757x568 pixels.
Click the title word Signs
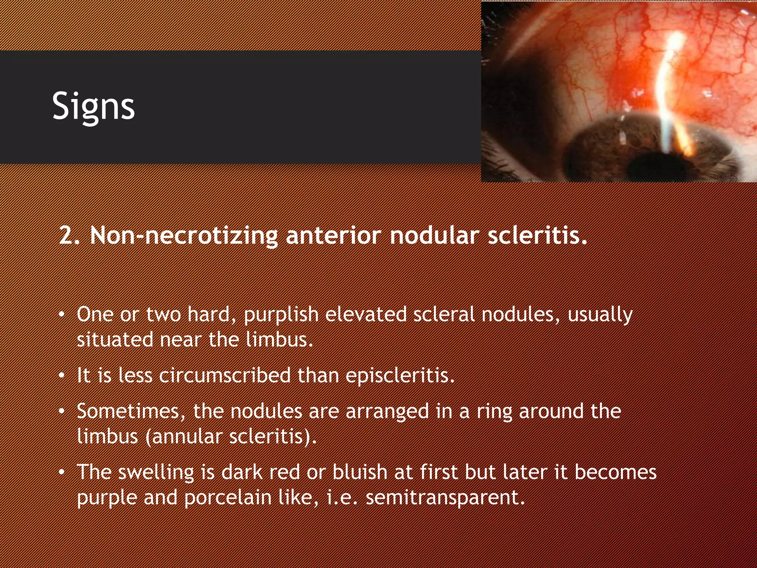pyautogui.click(x=93, y=106)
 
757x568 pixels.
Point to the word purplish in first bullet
pyautogui.click(x=281, y=315)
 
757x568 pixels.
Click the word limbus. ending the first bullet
pyautogui.click(x=279, y=339)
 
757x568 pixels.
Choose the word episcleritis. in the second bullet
pyautogui.click(x=400, y=375)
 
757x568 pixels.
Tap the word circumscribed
pyautogui.click(x=225, y=375)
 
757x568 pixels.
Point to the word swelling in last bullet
pyautogui.click(x=156, y=472)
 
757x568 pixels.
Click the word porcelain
pyautogui.click(x=228, y=497)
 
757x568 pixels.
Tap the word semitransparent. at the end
pyautogui.click(x=445, y=497)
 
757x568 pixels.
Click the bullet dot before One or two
pyautogui.click(x=62, y=315)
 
